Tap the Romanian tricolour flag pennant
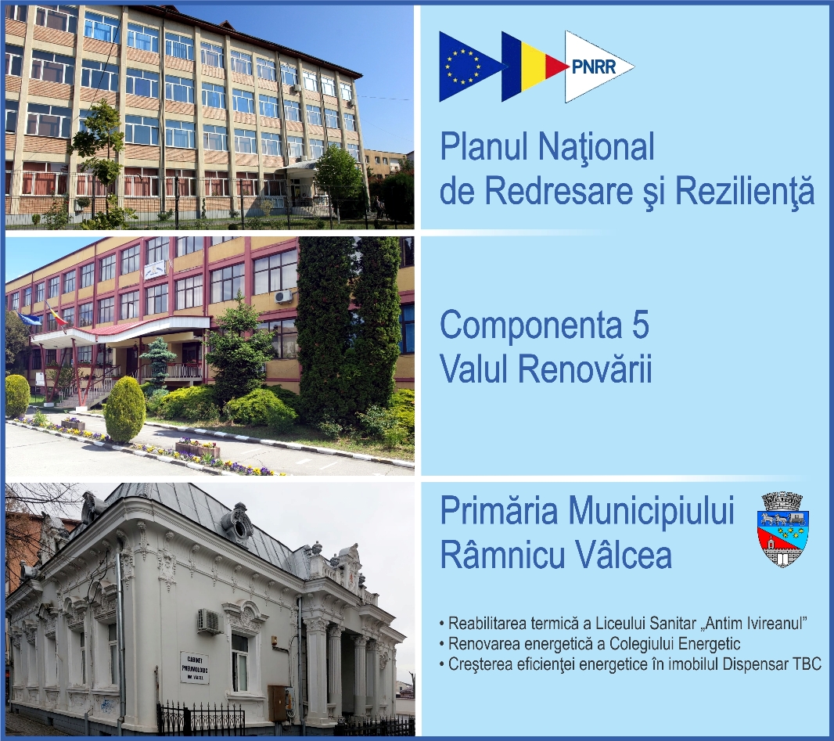pos(528,67)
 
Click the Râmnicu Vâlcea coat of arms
pos(783,529)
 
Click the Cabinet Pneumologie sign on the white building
pos(195,667)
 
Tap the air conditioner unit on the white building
pos(209,620)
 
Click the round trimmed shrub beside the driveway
pos(124,410)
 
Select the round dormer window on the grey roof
pos(238,523)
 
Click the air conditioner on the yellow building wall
pos(282,296)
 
